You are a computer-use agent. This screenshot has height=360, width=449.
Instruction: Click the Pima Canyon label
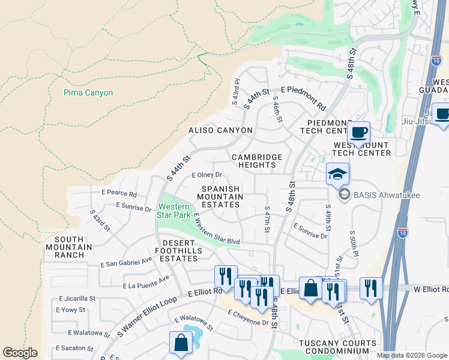(x=88, y=93)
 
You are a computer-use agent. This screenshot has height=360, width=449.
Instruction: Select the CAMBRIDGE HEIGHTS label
(x=257, y=161)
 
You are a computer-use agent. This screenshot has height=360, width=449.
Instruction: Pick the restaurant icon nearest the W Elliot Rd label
(x=371, y=288)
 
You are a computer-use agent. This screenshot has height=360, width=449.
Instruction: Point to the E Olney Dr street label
(x=206, y=175)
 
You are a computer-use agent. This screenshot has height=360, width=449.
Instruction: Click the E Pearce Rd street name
(x=119, y=194)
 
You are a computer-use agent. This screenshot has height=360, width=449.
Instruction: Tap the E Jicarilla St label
(x=75, y=298)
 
